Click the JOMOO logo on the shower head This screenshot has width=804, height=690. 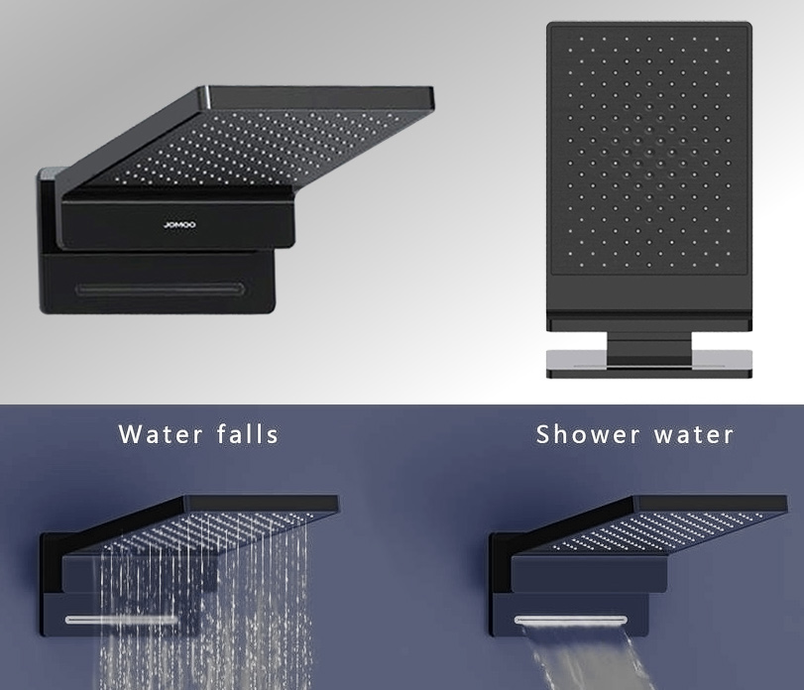pyautogui.click(x=179, y=224)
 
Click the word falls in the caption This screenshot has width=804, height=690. pyautogui.click(x=248, y=434)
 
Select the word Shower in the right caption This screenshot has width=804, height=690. pyautogui.click(x=588, y=434)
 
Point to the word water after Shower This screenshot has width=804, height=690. pyautogui.click(x=694, y=435)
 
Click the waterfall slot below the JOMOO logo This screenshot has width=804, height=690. pyautogui.click(x=160, y=289)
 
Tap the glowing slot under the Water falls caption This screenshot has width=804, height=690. pyautogui.click(x=121, y=620)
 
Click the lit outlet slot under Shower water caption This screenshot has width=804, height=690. pyautogui.click(x=571, y=620)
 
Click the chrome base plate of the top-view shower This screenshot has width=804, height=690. pyautogui.click(x=649, y=361)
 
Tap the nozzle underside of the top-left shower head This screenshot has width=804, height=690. pyautogui.click(x=257, y=149)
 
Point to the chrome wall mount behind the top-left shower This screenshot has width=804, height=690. pyautogui.click(x=51, y=174)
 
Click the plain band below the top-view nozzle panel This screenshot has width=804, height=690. pyautogui.click(x=649, y=293)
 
